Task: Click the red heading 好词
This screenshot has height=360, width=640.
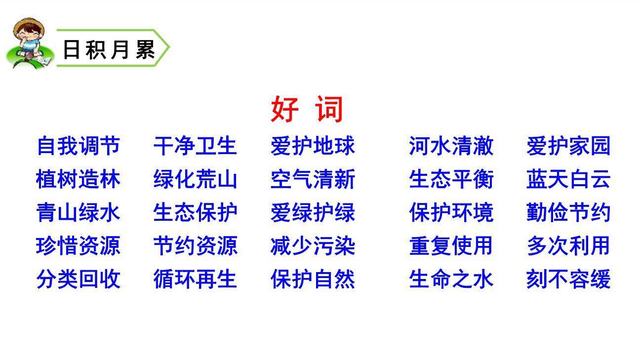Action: (307, 109)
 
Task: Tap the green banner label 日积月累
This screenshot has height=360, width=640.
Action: (109, 49)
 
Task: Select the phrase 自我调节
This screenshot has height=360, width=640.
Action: (78, 146)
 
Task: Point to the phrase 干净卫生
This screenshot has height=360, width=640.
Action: (195, 146)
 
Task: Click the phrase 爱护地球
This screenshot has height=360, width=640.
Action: (313, 146)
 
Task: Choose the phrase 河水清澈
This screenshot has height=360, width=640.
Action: (451, 146)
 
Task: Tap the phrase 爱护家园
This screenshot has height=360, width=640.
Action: (568, 146)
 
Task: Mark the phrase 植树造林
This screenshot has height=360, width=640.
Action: (78, 179)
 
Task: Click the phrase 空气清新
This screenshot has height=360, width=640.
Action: (313, 179)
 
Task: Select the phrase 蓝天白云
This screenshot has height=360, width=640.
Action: (568, 179)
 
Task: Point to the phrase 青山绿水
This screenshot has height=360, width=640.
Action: (78, 213)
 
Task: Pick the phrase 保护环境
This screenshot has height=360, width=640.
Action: (451, 213)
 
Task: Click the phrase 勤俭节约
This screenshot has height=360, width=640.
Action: (568, 213)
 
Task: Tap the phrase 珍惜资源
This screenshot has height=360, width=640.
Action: (78, 246)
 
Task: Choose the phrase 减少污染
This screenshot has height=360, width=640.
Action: (313, 246)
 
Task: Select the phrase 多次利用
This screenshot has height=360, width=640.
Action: (568, 246)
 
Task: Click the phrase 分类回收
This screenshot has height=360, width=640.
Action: (78, 279)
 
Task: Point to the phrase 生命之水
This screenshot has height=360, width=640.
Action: (451, 279)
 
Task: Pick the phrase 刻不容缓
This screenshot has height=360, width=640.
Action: (568, 279)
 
